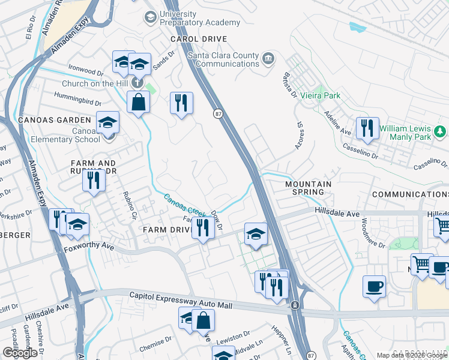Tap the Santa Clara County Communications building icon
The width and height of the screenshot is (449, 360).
coord(268,59)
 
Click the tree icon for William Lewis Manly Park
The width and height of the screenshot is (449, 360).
coord(441,131)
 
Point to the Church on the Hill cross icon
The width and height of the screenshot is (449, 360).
coord(137,83)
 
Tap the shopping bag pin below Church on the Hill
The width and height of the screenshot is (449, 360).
coord(138,101)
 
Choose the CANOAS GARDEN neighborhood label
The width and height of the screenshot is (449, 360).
coord(46,120)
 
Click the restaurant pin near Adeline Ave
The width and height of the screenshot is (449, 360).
coord(367,128)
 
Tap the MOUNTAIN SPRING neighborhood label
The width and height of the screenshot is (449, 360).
coord(309,188)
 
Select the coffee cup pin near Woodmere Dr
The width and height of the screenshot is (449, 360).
coord(374,286)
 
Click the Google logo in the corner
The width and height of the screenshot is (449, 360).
coord(20,353)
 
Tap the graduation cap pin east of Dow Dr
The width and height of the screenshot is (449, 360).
coord(256,234)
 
